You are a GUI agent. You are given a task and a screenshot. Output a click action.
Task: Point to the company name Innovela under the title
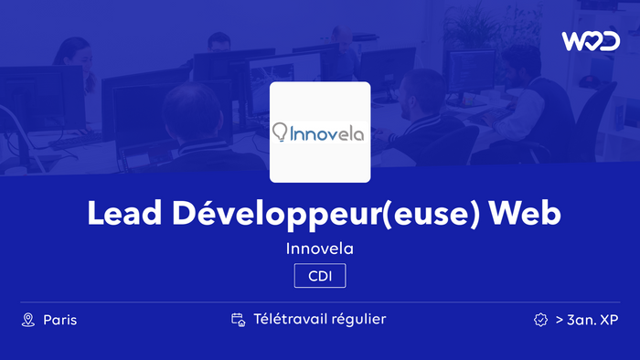click(320, 248)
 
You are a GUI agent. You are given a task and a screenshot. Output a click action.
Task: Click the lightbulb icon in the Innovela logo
click(280, 133)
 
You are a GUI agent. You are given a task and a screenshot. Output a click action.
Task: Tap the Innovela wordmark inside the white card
click(327, 133)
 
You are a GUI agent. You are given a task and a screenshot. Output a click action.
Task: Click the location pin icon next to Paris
click(27, 320)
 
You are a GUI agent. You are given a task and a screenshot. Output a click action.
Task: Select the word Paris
click(60, 320)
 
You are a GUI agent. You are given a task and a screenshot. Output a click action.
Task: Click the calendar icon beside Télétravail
click(238, 320)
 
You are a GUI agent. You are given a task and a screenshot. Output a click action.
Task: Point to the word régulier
click(357, 320)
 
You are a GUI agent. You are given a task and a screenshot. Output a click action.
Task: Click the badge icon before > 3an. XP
click(540, 320)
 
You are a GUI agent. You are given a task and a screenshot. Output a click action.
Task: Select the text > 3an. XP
click(587, 320)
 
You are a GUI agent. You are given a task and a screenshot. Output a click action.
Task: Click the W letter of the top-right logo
click(572, 41)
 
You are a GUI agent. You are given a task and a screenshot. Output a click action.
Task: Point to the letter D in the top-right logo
click(610, 41)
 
